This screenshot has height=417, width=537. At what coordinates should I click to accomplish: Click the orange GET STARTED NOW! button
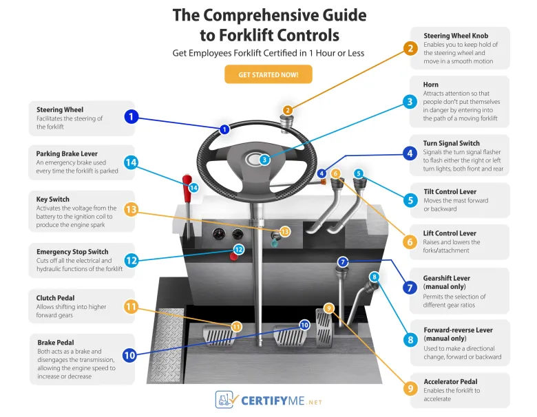point(268,74)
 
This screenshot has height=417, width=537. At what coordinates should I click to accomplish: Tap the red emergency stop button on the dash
point(232,258)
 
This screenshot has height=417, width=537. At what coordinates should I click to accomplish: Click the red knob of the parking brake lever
point(185,182)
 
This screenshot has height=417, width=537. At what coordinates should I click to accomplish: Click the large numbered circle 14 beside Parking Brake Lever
point(131,162)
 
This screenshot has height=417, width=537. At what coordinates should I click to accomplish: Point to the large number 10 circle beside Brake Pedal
point(129,355)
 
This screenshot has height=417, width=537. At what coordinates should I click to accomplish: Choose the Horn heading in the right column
point(431,84)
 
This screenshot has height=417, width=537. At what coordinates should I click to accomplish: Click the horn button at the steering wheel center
point(264,159)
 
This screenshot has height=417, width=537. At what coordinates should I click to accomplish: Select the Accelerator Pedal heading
point(450,381)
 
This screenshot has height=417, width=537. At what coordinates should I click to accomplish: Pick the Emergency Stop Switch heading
point(72,252)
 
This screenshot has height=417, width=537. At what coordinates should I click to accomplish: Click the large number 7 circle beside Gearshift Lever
point(410,286)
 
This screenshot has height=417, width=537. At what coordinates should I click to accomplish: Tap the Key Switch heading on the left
point(53,199)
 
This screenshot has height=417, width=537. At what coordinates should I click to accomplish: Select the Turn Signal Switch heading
point(452,143)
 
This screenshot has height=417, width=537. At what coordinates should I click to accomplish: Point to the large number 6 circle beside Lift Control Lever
point(410,242)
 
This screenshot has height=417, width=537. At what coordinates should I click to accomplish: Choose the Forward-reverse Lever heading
point(458,330)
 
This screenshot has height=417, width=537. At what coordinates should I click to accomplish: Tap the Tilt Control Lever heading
point(450,192)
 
